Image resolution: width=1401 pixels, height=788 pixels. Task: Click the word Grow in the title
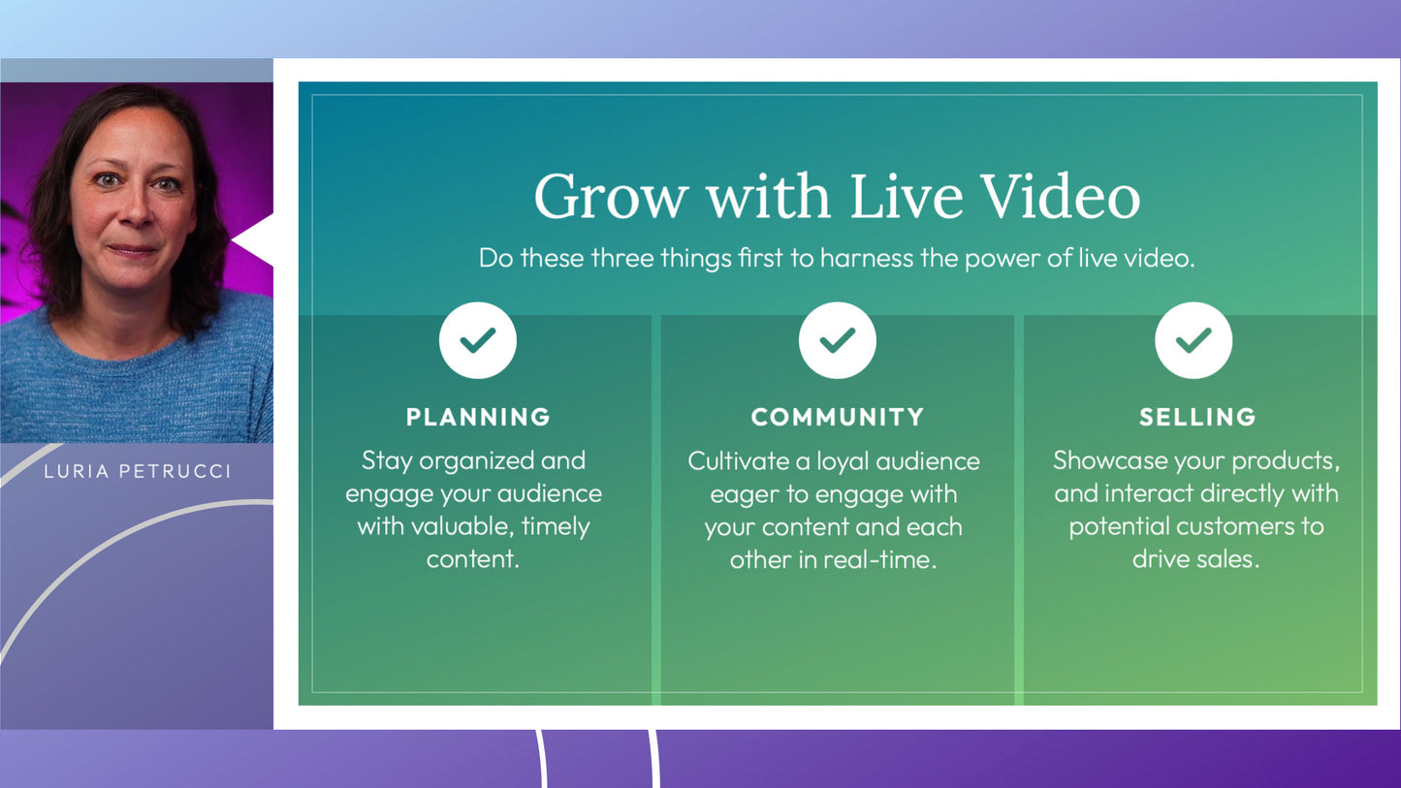[x=611, y=197]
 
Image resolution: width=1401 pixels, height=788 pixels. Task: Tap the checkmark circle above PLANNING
[x=478, y=340]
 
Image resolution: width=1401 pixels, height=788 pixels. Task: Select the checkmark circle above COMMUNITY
[x=837, y=340]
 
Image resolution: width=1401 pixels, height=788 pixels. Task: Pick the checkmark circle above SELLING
[x=1194, y=340]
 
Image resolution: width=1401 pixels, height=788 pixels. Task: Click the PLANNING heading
[x=478, y=417]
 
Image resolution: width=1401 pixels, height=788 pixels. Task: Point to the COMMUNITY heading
[x=838, y=417]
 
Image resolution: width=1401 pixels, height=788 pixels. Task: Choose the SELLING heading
[x=1197, y=417]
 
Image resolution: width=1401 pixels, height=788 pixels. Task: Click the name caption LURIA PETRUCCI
[x=138, y=472]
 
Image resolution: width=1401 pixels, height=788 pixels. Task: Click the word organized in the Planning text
[x=476, y=462]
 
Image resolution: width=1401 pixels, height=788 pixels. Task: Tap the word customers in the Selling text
[x=1236, y=526]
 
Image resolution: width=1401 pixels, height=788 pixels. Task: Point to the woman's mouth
[x=132, y=251]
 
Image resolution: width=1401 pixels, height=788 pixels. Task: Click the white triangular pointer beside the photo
[x=253, y=240]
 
